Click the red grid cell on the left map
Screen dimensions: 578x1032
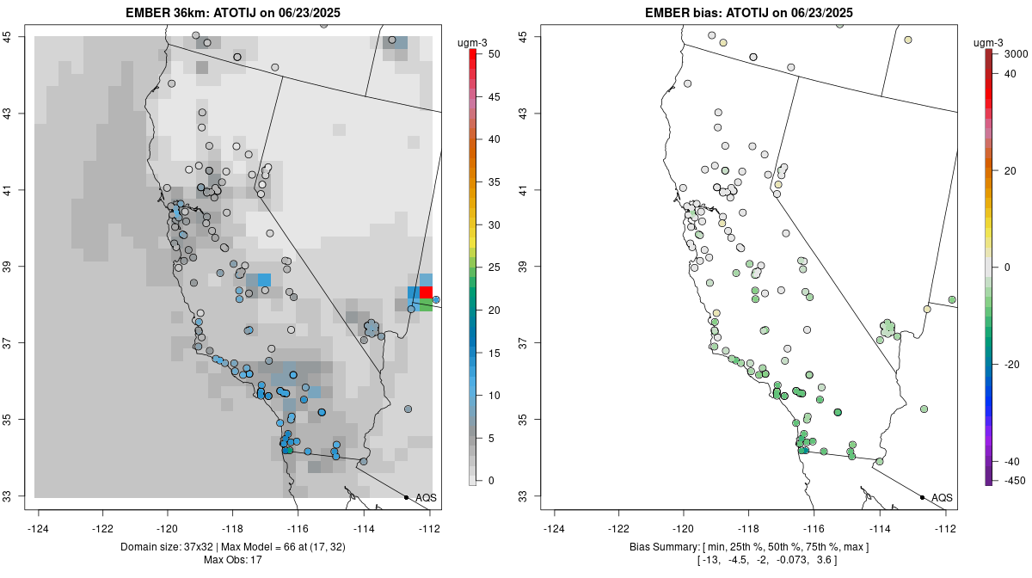(426, 292)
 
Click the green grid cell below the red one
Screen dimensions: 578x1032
(426, 304)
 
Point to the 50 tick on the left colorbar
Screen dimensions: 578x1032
(487, 53)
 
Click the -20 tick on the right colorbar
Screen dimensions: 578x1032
(1012, 364)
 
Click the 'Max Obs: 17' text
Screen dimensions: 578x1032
(232, 560)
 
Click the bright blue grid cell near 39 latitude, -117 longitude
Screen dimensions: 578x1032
(264, 280)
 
